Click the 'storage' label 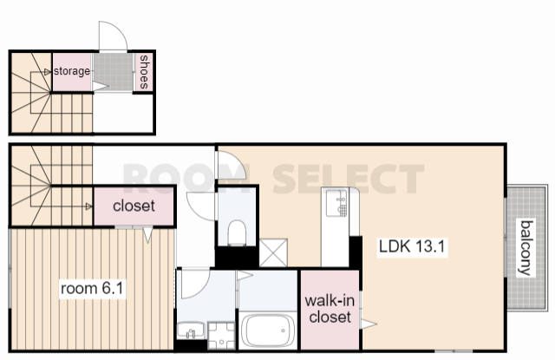72,71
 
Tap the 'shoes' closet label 144,72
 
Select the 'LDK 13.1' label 412,246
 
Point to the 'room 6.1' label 92,289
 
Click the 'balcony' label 526,247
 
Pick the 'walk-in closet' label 330,309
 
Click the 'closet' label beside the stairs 134,206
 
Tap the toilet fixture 237,233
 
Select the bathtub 268,331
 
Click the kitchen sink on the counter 336,203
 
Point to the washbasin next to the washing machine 191,331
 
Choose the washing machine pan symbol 221,335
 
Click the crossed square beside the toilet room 273,252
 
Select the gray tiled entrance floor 113,72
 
